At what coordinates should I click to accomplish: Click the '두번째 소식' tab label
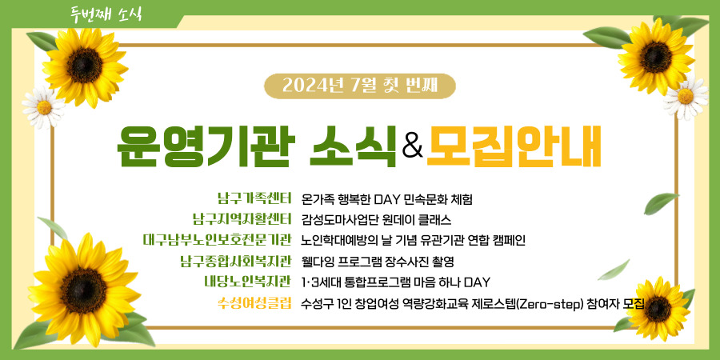106,14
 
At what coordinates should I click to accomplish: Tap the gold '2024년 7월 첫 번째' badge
359,86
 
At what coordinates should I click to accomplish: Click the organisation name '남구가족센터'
254,199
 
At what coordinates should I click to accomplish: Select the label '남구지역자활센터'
242,219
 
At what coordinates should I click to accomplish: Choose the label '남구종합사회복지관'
236,261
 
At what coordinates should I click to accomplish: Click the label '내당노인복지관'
249,281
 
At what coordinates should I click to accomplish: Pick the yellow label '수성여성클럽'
255,303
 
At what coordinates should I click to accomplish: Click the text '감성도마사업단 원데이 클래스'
377,219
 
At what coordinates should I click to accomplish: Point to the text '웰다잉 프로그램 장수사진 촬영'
378,262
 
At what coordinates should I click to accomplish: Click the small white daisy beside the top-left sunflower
44,107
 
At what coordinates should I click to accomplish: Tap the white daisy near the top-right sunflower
686,97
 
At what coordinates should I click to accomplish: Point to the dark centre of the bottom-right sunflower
658,309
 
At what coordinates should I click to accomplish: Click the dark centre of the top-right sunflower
656,57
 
